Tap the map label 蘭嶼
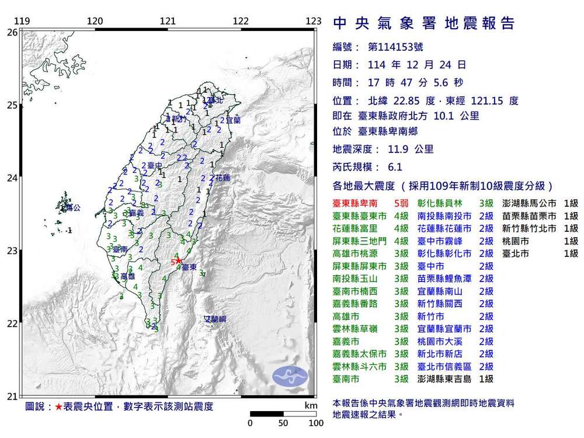pos(214,319)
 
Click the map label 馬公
pos(71,207)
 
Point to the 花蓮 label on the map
pos(223,177)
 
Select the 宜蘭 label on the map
pos(232,120)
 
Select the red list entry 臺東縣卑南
pos(354,203)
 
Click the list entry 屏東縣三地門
pos(358,241)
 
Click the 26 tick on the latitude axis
pos(12,33)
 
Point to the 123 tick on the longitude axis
pos(314,21)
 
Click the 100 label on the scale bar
pos(316,423)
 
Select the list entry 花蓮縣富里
pos(354,228)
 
